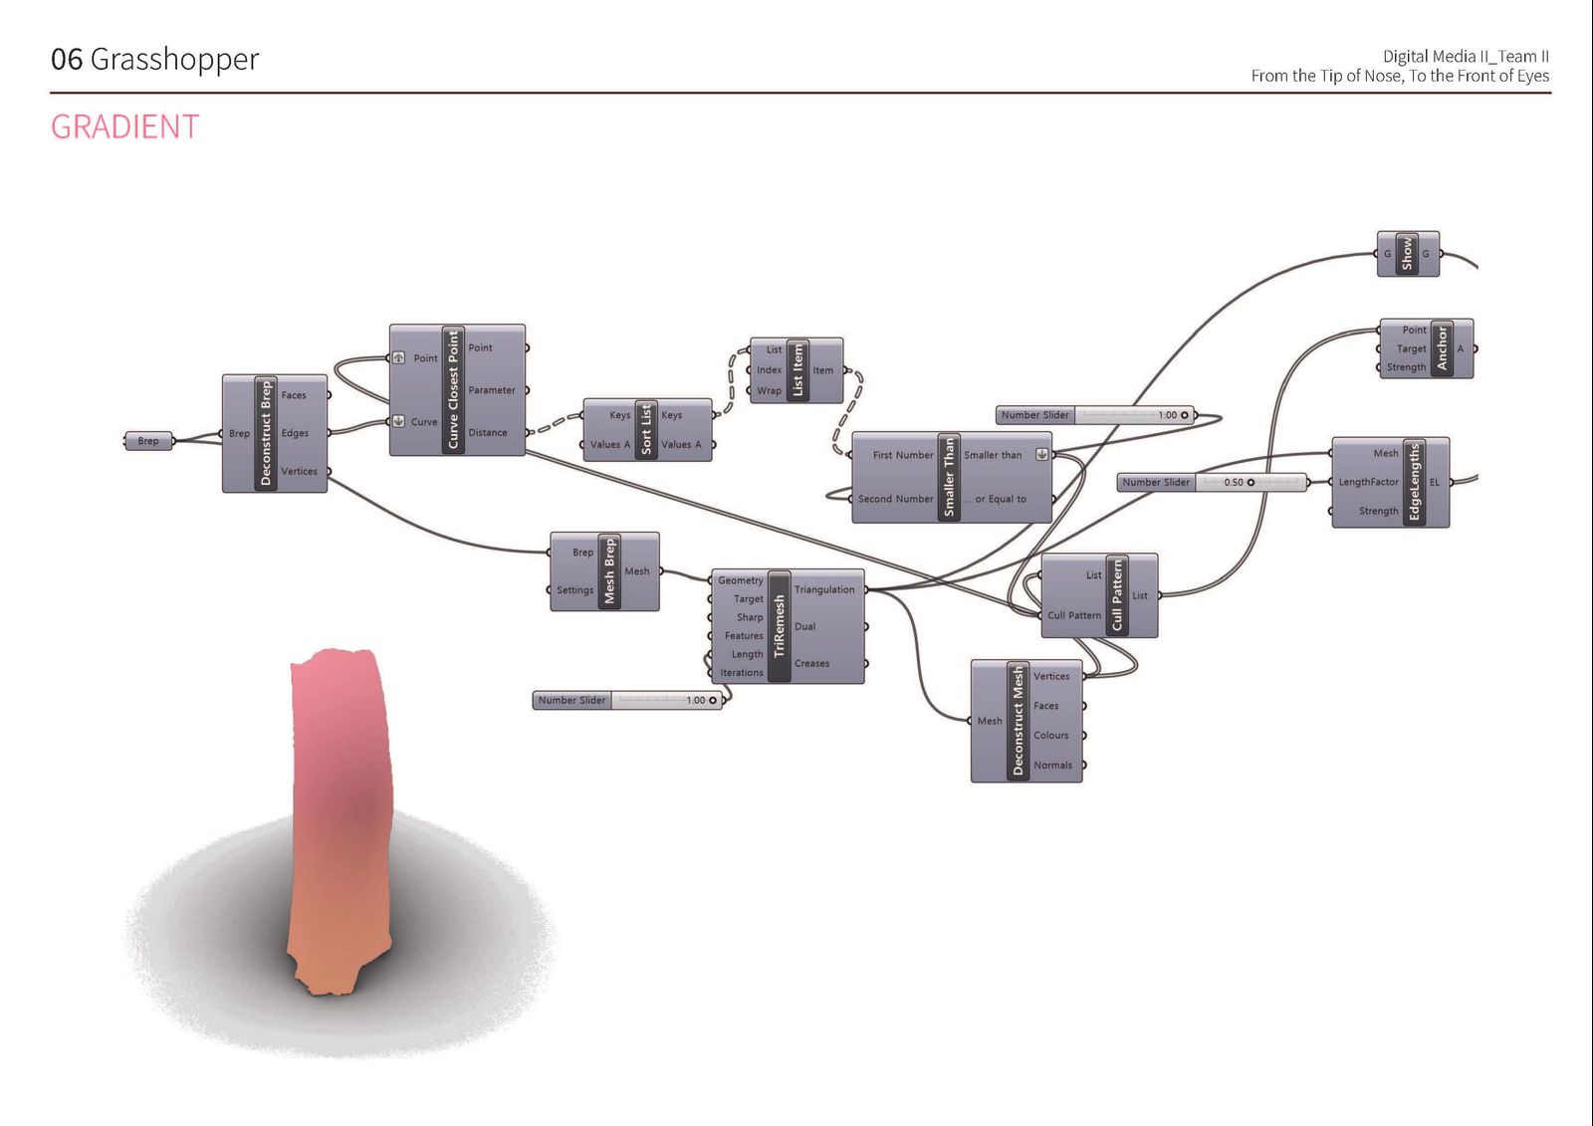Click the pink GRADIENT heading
pyautogui.click(x=125, y=127)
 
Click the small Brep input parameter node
pyautogui.click(x=148, y=441)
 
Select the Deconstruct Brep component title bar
pyautogui.click(x=266, y=433)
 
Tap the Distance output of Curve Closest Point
pyautogui.click(x=488, y=432)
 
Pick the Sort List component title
pyautogui.click(x=646, y=430)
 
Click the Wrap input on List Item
pyautogui.click(x=769, y=390)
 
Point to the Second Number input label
pyautogui.click(x=895, y=499)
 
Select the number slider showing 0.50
pyautogui.click(x=1212, y=482)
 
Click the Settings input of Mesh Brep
pyautogui.click(x=574, y=589)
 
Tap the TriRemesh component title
pyautogui.click(x=780, y=626)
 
